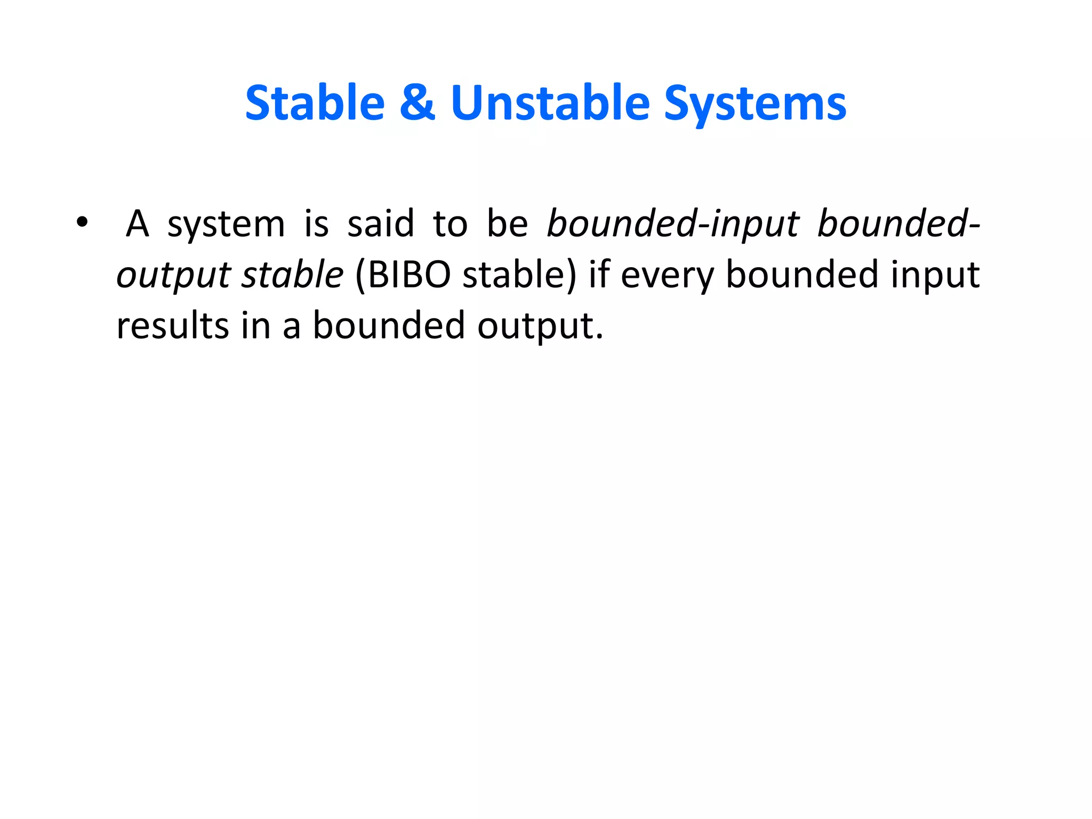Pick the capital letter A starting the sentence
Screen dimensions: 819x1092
coord(137,223)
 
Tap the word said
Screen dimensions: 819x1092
coord(380,223)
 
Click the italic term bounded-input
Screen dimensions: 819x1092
coord(673,223)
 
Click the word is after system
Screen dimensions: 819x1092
coord(316,223)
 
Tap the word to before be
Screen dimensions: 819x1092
coord(450,223)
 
